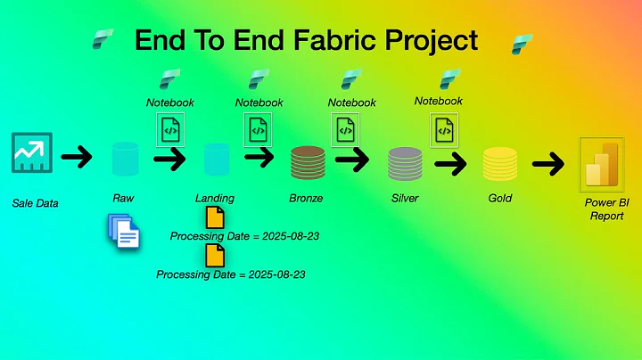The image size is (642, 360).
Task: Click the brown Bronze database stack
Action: pos(308,162)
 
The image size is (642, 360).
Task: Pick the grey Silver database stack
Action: pos(404,164)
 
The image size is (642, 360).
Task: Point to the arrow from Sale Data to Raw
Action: pos(78,159)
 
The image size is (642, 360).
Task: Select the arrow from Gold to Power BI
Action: pos(548,163)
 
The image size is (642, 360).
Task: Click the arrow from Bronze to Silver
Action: pos(353,160)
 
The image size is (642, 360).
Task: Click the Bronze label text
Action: pos(307,198)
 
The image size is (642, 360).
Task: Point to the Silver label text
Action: pos(405,198)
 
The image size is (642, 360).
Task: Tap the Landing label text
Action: pos(215,198)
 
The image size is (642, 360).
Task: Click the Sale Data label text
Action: pos(36,203)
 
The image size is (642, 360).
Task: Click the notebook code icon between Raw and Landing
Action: pos(169,130)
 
